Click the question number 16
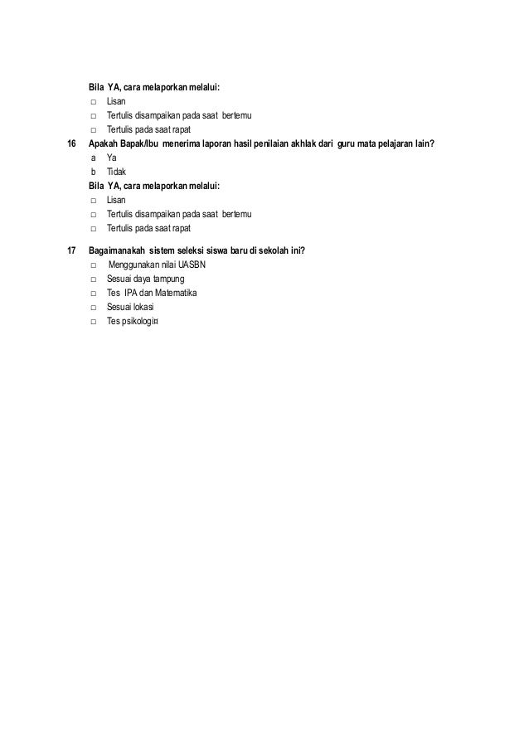[x=70, y=143]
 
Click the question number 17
[x=70, y=250]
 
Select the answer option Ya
[x=112, y=158]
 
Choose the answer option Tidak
[x=117, y=172]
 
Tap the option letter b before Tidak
[x=93, y=172]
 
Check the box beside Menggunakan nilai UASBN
[x=94, y=265]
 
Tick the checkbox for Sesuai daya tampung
[x=94, y=279]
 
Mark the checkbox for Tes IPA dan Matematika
[x=94, y=293]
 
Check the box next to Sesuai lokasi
[x=94, y=307]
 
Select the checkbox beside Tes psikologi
[x=94, y=321]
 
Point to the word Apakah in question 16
[x=104, y=143]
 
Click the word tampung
[x=168, y=279]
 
